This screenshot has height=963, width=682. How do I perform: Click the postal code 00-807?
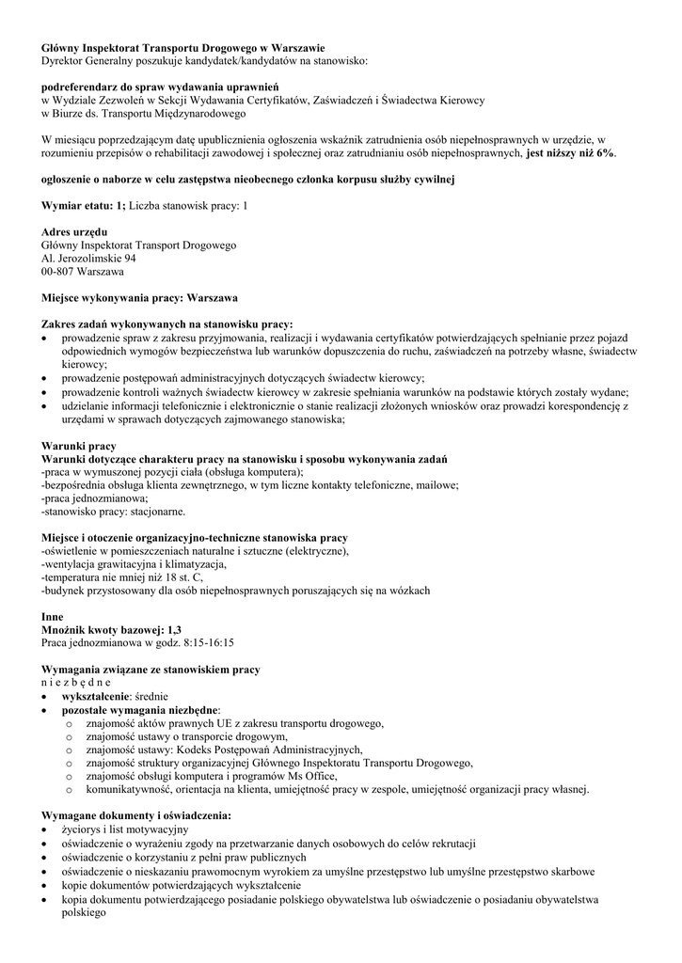click(x=61, y=272)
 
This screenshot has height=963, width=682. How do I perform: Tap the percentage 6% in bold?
click(x=603, y=152)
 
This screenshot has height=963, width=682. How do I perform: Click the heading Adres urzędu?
click(x=74, y=231)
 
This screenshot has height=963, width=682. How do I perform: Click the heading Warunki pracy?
click(x=79, y=445)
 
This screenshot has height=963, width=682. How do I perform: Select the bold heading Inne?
click(x=53, y=617)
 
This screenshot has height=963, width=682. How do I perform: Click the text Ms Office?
click(x=309, y=777)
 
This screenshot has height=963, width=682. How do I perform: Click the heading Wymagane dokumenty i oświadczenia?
click(x=136, y=816)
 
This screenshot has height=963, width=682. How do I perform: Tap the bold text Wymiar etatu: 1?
click(x=84, y=205)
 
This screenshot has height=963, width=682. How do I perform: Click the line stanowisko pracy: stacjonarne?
click(x=114, y=512)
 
